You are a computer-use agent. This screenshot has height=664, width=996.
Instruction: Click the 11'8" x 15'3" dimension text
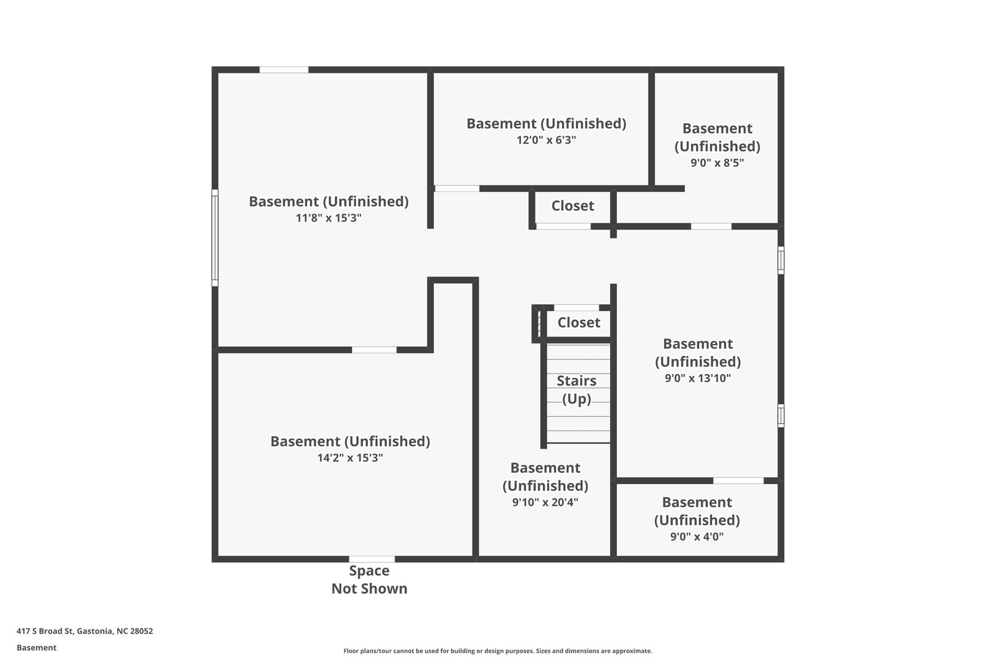[x=329, y=218]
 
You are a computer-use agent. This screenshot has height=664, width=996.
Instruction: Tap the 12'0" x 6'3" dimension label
[x=546, y=140]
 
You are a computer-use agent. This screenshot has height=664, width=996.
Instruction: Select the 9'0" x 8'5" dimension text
[x=717, y=163]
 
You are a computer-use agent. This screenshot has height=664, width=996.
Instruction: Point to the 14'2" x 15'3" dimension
[x=350, y=458]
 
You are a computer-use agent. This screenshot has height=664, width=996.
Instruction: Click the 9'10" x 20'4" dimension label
[x=545, y=502]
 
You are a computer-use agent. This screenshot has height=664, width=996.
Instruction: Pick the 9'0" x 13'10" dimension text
[x=698, y=378]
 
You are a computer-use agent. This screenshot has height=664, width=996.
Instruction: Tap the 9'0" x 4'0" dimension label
[x=697, y=536]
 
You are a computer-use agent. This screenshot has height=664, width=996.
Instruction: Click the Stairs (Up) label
[x=576, y=390]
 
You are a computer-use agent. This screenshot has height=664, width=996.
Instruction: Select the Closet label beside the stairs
[x=578, y=322]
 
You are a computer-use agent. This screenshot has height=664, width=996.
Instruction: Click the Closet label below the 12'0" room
[x=573, y=206]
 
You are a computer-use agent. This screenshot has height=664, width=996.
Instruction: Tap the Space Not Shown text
[x=369, y=579]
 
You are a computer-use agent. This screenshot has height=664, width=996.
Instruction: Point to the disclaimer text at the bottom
[x=497, y=651]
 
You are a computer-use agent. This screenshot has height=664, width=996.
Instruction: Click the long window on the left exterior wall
[x=215, y=237]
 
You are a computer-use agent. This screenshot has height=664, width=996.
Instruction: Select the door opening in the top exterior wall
[x=284, y=70]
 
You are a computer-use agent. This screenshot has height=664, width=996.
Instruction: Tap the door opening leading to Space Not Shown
[x=372, y=559]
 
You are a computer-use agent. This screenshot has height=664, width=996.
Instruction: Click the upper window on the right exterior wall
[x=781, y=260]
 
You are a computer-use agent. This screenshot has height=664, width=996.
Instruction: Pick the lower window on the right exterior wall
[x=781, y=415]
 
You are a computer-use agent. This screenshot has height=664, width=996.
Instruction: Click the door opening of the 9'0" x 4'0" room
[x=738, y=480]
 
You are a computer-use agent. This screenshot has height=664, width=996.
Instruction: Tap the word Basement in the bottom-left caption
[x=36, y=648]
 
